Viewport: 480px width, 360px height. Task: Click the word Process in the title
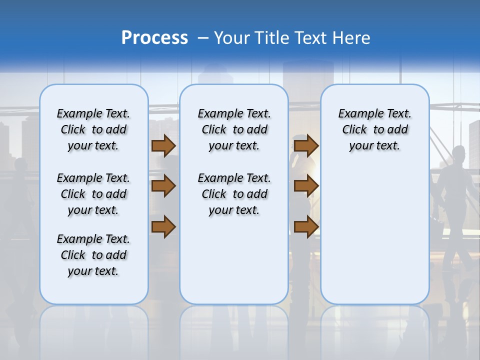[154, 38]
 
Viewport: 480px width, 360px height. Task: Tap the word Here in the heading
[351, 38]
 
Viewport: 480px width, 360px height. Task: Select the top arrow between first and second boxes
[163, 146]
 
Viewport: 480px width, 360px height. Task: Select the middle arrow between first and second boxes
[163, 186]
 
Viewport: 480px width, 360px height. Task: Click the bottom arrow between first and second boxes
[163, 227]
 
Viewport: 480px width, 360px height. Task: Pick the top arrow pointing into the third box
[306, 146]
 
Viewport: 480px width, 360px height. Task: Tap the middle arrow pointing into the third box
[306, 186]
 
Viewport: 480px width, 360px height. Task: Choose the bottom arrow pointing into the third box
[306, 227]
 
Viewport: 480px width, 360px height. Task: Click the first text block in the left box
[93, 129]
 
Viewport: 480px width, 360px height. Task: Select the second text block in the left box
[93, 194]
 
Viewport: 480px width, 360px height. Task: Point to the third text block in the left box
[93, 255]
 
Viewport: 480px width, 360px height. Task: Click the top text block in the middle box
[234, 129]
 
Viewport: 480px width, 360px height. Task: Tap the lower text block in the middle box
[234, 194]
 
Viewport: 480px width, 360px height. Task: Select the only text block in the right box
[374, 129]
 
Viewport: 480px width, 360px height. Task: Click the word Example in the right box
[355, 114]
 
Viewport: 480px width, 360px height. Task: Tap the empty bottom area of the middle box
[234, 265]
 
